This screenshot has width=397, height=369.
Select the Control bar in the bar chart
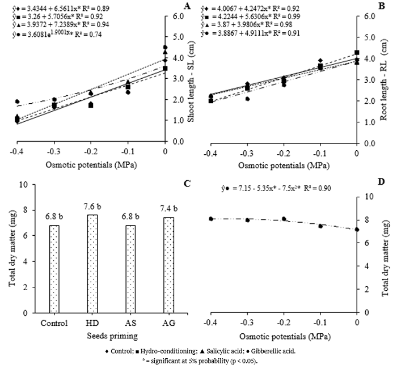(x=54, y=269)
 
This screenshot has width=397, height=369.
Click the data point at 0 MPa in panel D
(x=356, y=230)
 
